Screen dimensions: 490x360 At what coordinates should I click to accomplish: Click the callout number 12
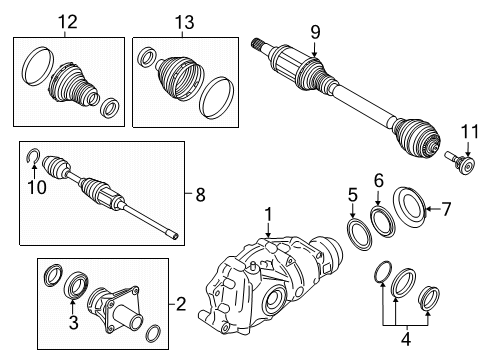(68, 22)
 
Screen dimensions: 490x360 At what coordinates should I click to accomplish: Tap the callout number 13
(184, 22)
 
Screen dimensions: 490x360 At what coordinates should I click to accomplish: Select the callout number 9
(315, 32)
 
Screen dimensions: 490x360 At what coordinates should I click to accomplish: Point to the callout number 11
(470, 131)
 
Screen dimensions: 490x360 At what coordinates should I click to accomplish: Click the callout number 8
(200, 194)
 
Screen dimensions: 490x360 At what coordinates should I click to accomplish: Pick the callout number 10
(37, 187)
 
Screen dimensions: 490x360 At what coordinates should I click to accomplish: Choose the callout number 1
(268, 214)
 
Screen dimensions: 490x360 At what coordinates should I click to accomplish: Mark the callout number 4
(406, 339)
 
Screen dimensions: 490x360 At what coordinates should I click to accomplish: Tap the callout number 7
(446, 209)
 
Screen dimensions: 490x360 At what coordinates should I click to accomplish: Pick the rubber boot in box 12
(72, 83)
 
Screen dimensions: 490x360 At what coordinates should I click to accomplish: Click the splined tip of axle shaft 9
(256, 43)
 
